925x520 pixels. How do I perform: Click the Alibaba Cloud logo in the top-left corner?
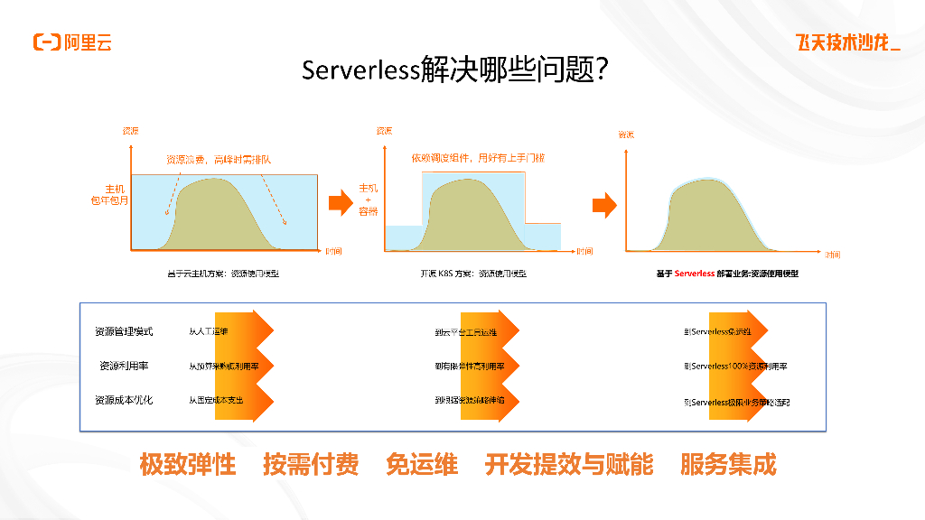pyautogui.click(x=72, y=42)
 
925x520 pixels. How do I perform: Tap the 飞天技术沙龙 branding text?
pyautogui.click(x=846, y=42)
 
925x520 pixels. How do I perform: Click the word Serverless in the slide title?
pyautogui.click(x=360, y=70)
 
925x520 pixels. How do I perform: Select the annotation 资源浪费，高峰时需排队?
pyautogui.click(x=219, y=159)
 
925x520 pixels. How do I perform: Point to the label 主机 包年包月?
pyautogui.click(x=113, y=195)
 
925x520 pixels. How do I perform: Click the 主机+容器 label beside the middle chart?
pyautogui.click(x=368, y=200)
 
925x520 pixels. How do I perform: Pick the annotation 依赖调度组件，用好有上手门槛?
pyautogui.click(x=478, y=157)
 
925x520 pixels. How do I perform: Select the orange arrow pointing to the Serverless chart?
pyautogui.click(x=603, y=206)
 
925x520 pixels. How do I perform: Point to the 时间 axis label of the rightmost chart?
pyautogui.click(x=832, y=255)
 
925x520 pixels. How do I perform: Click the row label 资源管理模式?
pyautogui.click(x=124, y=331)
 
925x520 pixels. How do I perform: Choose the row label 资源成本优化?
pyautogui.click(x=124, y=399)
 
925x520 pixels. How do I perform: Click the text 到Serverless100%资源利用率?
pyautogui.click(x=735, y=367)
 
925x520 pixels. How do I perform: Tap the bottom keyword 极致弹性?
pyautogui.click(x=187, y=465)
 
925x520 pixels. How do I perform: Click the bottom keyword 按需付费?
pyautogui.click(x=311, y=465)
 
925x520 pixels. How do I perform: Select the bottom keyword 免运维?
pyautogui.click(x=422, y=465)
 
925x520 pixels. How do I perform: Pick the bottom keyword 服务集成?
pyautogui.click(x=728, y=465)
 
